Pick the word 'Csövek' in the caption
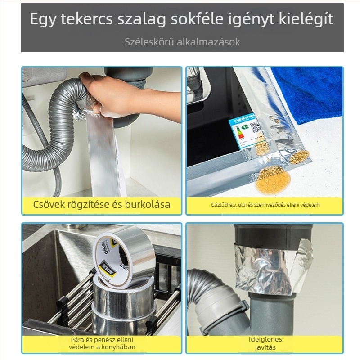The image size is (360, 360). tap(49, 204)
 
